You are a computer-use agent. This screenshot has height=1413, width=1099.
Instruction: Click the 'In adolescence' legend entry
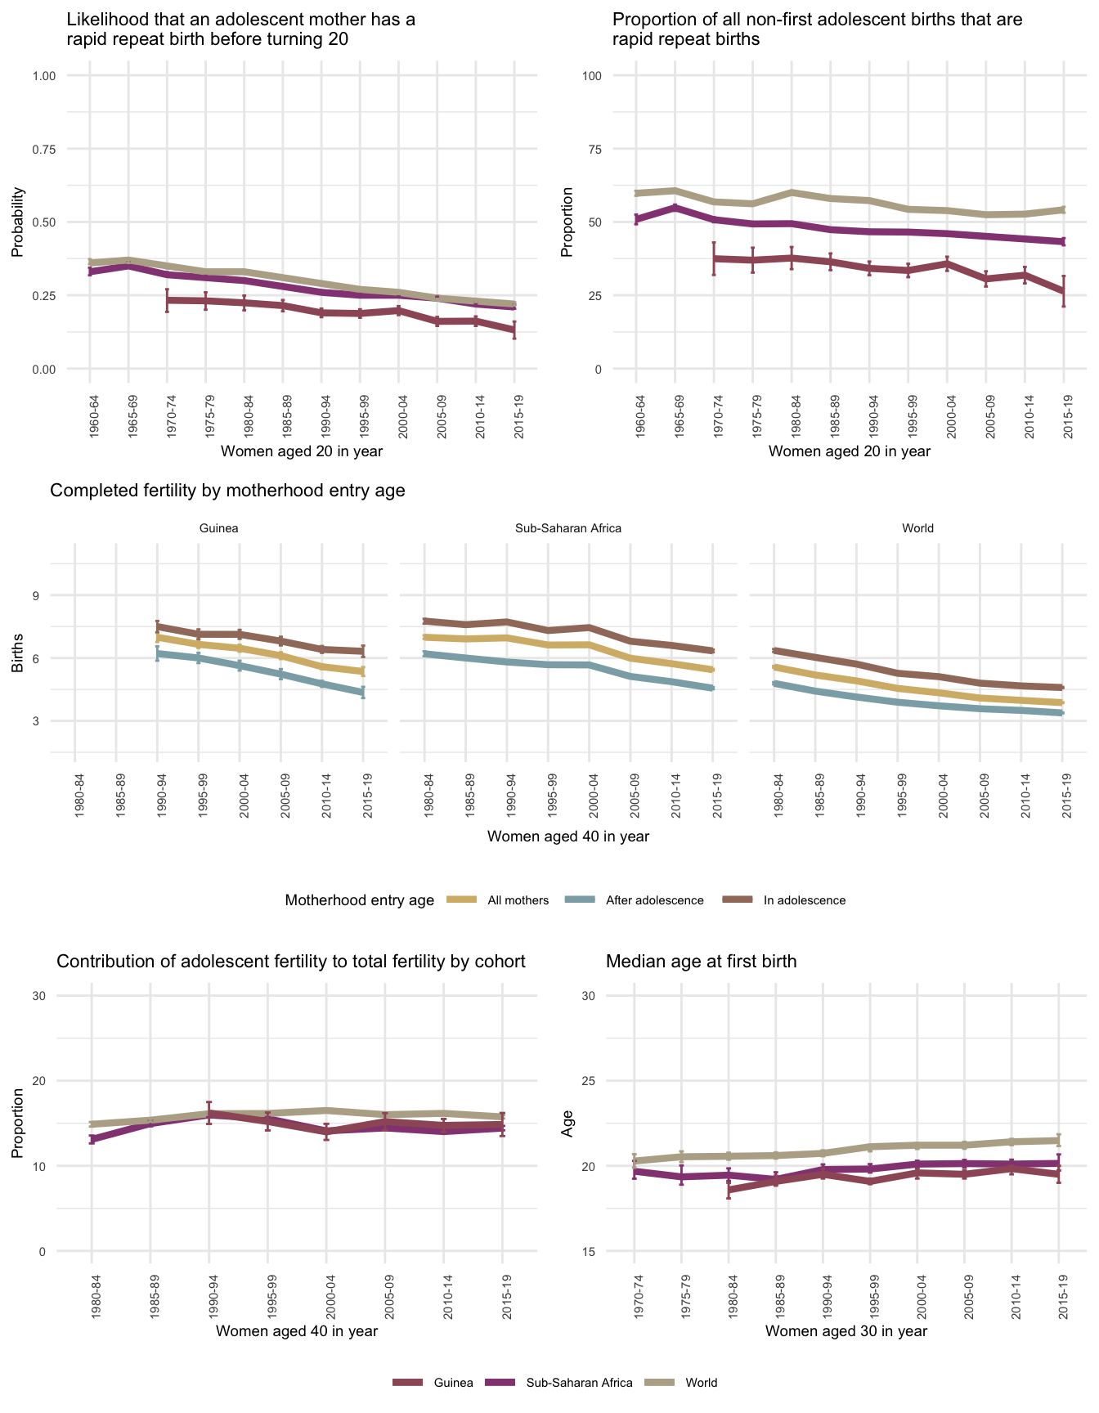click(x=804, y=900)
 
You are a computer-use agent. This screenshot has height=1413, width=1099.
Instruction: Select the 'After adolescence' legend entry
click(x=654, y=900)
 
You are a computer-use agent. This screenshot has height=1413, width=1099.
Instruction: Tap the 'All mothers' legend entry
click(x=518, y=900)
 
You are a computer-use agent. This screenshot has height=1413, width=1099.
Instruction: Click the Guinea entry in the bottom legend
click(x=453, y=1383)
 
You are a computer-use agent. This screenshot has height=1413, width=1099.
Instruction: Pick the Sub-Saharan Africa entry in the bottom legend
click(x=579, y=1383)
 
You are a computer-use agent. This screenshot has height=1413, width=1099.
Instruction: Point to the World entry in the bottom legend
click(x=701, y=1383)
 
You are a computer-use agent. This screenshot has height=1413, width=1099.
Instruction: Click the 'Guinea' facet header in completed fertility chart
click(x=219, y=528)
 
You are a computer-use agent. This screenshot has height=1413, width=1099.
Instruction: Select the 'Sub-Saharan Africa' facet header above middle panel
click(x=568, y=528)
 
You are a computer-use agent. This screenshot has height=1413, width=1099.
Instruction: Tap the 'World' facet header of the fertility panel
click(x=917, y=528)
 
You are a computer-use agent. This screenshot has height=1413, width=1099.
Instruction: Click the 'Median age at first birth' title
click(x=701, y=962)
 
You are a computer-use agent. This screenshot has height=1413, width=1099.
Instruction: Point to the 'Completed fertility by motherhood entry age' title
click(x=227, y=491)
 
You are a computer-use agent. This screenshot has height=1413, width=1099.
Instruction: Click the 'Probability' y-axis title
click(x=18, y=222)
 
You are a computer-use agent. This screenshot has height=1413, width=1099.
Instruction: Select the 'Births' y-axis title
click(x=18, y=657)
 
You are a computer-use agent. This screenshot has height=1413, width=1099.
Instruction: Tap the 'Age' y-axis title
click(x=567, y=1124)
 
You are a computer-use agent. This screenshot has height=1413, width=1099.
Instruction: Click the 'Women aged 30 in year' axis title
click(x=846, y=1331)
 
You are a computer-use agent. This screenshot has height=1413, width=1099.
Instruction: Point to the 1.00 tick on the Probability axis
click(x=43, y=76)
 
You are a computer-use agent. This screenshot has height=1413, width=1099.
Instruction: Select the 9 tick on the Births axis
click(x=37, y=595)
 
